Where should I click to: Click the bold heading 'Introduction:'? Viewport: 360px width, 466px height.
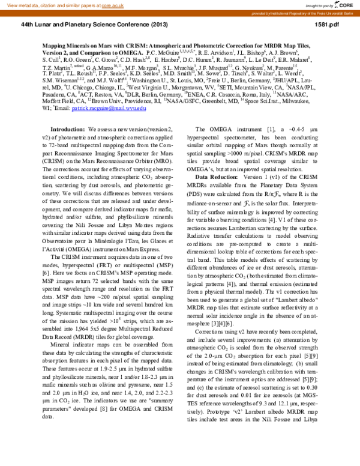[68, 130]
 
